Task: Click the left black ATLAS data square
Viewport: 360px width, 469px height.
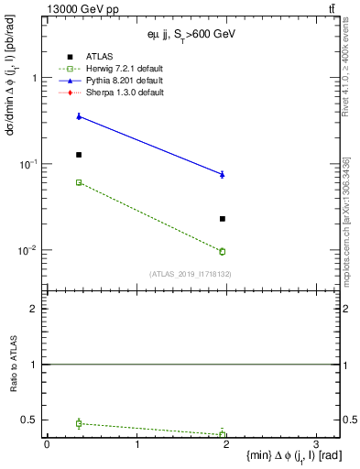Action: coord(79,155)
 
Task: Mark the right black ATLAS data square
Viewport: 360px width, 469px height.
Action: coord(223,219)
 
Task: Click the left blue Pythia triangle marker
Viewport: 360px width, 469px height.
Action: coord(79,115)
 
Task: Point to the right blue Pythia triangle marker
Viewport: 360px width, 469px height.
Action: coord(223,173)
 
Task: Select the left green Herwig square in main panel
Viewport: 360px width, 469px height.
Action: coord(79,182)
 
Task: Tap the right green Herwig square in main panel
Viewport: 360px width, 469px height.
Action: coord(223,251)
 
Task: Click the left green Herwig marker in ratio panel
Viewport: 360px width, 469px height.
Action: coord(79,423)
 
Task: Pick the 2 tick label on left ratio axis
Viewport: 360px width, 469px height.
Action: coord(34,309)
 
